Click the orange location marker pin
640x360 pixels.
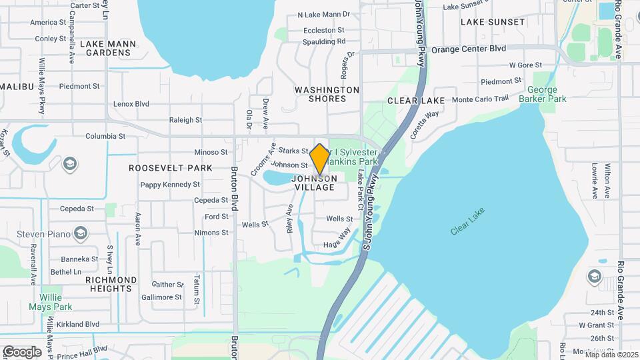[319, 159]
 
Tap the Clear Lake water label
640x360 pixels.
[467, 221]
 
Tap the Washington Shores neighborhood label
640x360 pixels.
[327, 94]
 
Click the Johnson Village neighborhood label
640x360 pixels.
[313, 183]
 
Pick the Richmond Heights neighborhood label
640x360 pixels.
[111, 285]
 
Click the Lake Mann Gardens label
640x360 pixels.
[108, 48]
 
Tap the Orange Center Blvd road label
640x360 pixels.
[469, 49]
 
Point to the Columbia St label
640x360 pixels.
[105, 136]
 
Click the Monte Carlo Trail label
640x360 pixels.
[480, 99]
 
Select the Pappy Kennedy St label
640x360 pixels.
[170, 184]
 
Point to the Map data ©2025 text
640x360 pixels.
[611, 355]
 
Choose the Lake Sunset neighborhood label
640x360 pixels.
[493, 22]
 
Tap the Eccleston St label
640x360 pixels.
[324, 30]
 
